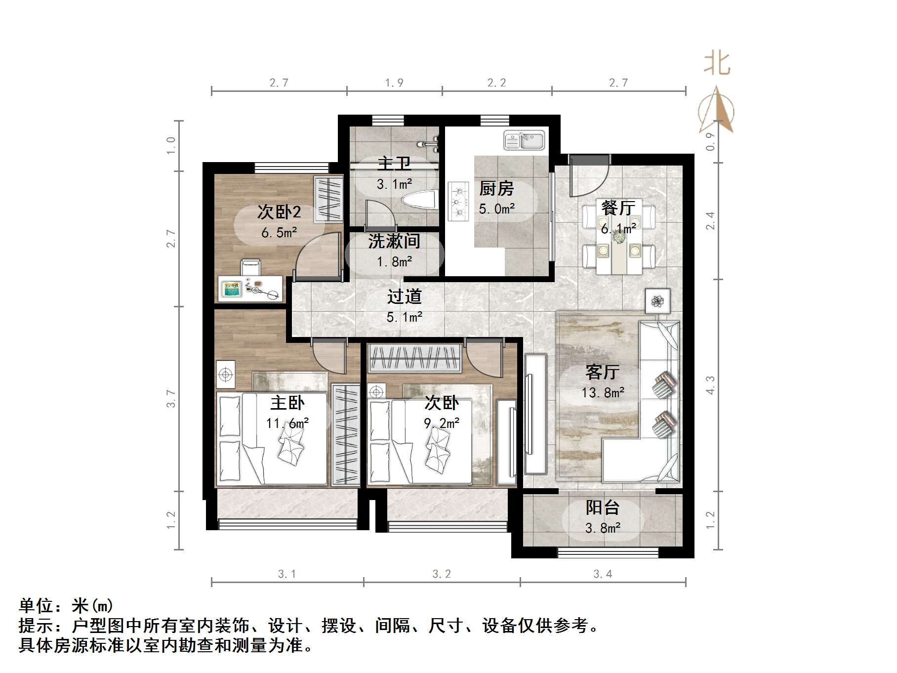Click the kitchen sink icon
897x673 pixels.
(524, 140)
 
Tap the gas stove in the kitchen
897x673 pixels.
(458, 202)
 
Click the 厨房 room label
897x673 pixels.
(496, 188)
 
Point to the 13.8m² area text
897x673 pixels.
(603, 393)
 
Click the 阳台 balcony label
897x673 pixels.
(602, 507)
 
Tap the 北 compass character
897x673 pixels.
(717, 64)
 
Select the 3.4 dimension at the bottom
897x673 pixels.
(603, 574)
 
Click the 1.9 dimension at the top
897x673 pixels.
(394, 83)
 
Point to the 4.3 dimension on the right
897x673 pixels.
(710, 385)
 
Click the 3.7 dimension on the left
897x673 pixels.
(171, 398)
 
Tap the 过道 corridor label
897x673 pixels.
(404, 296)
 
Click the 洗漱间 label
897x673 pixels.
(394, 241)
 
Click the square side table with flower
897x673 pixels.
(657, 300)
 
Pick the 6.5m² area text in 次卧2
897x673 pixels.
(279, 232)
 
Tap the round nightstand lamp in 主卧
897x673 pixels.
(226, 375)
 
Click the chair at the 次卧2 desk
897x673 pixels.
(250, 267)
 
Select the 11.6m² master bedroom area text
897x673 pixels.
(287, 423)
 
